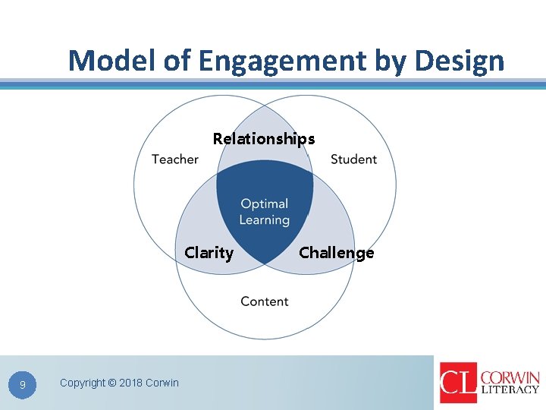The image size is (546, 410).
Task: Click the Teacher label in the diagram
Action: tap(174, 159)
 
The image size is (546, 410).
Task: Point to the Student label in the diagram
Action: tap(353, 159)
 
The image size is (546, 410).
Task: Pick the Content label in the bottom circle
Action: tap(264, 301)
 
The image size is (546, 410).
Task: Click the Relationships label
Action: tap(264, 139)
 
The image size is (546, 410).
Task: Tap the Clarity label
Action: tap(209, 253)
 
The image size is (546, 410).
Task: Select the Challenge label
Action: tap(337, 253)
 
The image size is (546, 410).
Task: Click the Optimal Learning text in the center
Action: tap(265, 212)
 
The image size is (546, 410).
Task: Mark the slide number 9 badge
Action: tap(23, 386)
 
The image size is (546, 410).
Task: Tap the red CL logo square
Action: tap(458, 383)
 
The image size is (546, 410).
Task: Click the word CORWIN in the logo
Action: tap(510, 377)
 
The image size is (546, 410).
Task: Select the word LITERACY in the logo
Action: tap(510, 390)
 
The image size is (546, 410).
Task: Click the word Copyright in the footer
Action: tap(83, 383)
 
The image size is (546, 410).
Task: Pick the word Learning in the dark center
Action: tap(265, 220)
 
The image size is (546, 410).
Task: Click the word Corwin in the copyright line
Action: tap(162, 383)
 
